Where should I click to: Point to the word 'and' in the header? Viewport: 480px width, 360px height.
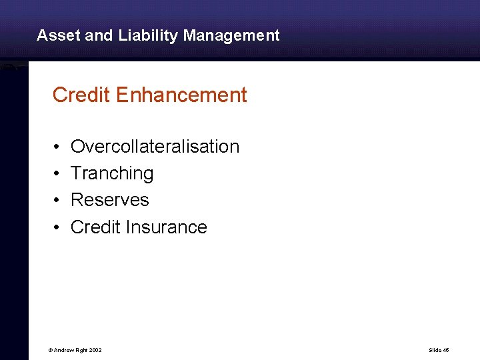(x=99, y=35)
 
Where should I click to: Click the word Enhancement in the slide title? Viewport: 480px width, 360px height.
(x=181, y=95)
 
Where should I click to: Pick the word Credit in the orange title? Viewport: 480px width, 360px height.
(x=81, y=95)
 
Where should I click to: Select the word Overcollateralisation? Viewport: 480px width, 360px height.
(x=155, y=147)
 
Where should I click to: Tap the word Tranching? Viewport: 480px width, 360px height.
(x=112, y=173)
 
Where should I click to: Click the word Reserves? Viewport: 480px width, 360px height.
(x=110, y=200)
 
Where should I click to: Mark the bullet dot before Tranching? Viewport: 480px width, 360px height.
(x=58, y=174)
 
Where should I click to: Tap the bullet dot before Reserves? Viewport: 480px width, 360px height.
(x=58, y=201)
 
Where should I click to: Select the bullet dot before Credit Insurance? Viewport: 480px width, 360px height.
(x=58, y=228)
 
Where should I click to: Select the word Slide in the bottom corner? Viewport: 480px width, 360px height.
(x=434, y=350)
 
